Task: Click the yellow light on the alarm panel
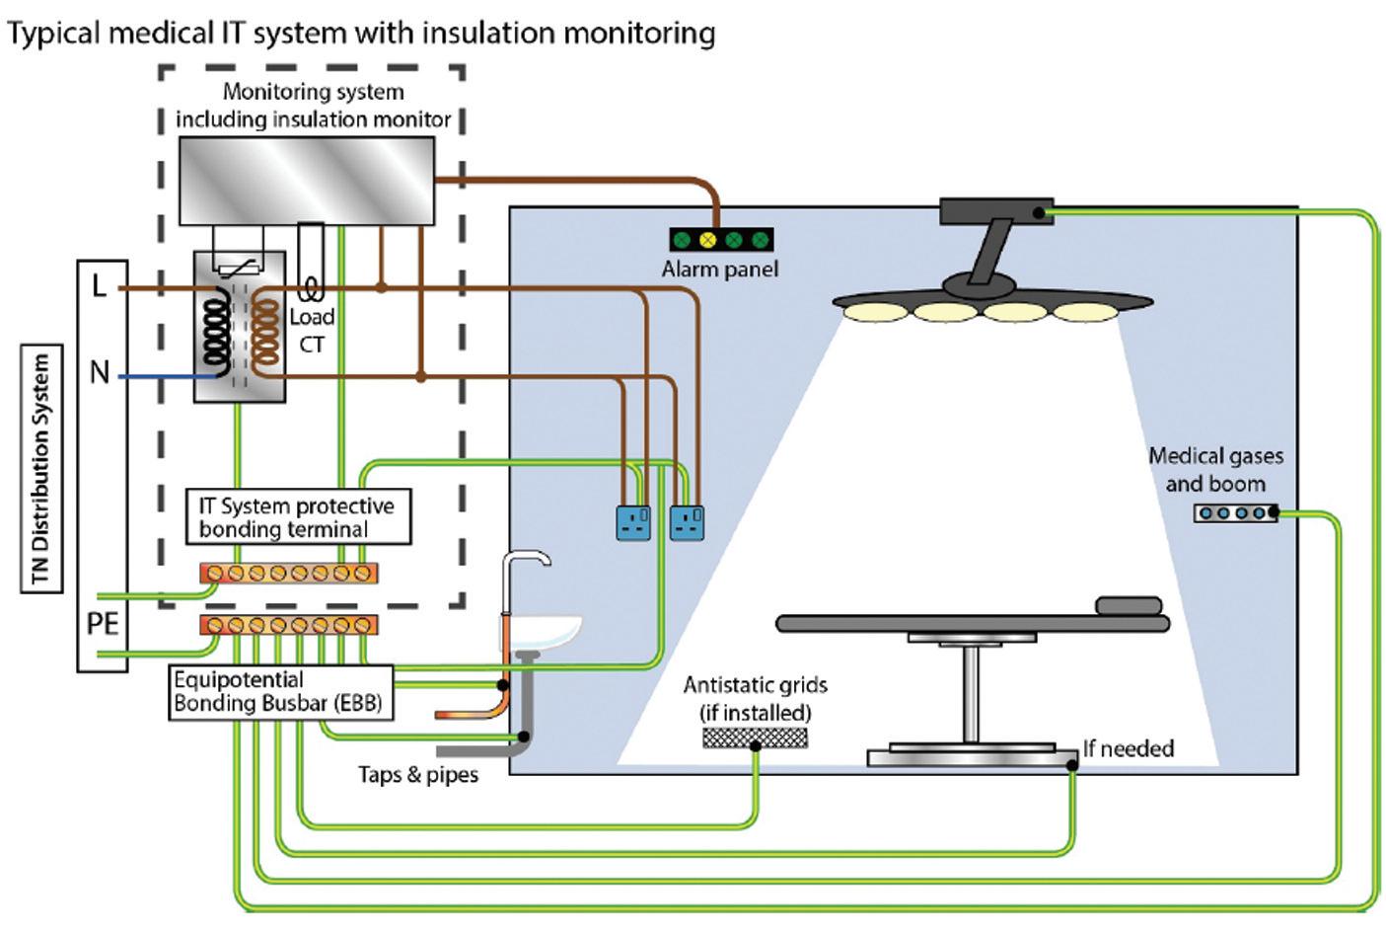pyautogui.click(x=707, y=240)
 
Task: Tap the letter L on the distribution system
pyautogui.click(x=99, y=286)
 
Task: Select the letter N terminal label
pyautogui.click(x=100, y=373)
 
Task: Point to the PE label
pyautogui.click(x=103, y=624)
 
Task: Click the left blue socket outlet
pyautogui.click(x=633, y=522)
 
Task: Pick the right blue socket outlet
pyautogui.click(x=687, y=522)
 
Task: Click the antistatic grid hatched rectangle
pyautogui.click(x=755, y=737)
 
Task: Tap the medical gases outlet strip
pyautogui.click(x=1235, y=513)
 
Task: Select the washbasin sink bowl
pyautogui.click(x=544, y=629)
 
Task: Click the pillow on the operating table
pyautogui.click(x=1128, y=605)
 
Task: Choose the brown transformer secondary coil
pyautogui.click(x=264, y=334)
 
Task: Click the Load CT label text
pyautogui.click(x=312, y=330)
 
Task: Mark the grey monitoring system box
pyautogui.click(x=306, y=180)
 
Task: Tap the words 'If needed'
pyautogui.click(x=1129, y=748)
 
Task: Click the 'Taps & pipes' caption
pyautogui.click(x=418, y=775)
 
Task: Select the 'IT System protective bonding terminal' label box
pyautogui.click(x=297, y=517)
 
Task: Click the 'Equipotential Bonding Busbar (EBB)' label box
pyautogui.click(x=280, y=692)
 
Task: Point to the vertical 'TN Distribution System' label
pyautogui.click(x=41, y=469)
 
